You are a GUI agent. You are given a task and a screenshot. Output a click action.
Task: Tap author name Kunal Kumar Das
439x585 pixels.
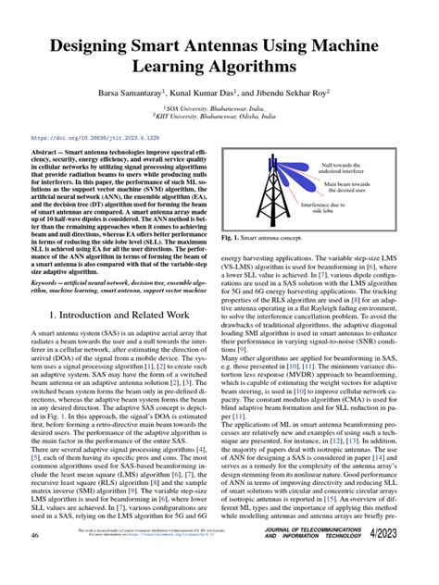click(x=206, y=94)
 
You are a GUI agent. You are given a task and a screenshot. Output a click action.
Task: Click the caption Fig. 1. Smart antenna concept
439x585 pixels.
click(x=282, y=264)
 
